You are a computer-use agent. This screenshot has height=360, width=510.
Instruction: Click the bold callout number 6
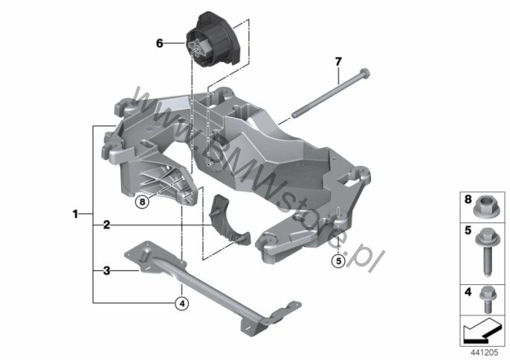point(159,43)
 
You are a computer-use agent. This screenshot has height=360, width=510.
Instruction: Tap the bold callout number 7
point(338,61)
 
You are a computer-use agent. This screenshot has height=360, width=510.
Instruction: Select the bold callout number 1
point(75,214)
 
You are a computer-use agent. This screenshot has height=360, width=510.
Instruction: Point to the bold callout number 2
point(107,225)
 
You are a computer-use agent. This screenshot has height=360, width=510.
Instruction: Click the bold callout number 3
point(107,271)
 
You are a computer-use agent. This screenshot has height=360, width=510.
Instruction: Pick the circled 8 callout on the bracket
point(142,202)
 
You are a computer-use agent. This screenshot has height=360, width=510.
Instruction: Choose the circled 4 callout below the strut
point(182,303)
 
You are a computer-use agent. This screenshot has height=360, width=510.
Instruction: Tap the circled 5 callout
point(338,261)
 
